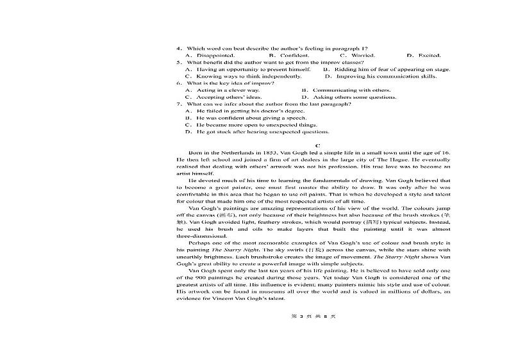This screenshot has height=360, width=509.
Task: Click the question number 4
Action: [x=179, y=49]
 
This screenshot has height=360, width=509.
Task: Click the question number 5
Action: [x=179, y=62]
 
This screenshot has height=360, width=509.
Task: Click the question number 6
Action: [x=179, y=83]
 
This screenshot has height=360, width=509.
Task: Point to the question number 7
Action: [x=179, y=104]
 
